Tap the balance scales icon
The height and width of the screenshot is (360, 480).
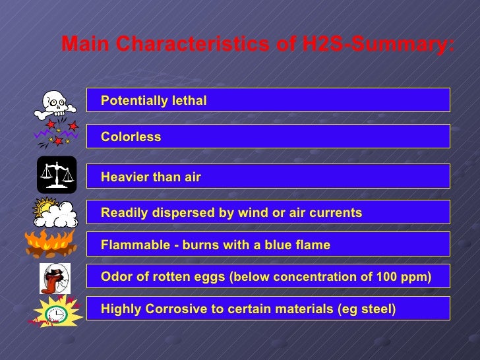pyautogui.click(x=57, y=175)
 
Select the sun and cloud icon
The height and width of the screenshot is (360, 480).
pyautogui.click(x=55, y=212)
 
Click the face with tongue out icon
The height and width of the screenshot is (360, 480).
pyautogui.click(x=55, y=278)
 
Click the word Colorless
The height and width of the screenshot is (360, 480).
pyautogui.click(x=131, y=137)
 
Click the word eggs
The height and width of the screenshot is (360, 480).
pyautogui.click(x=209, y=278)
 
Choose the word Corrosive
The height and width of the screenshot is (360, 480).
pyautogui.click(x=165, y=309)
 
